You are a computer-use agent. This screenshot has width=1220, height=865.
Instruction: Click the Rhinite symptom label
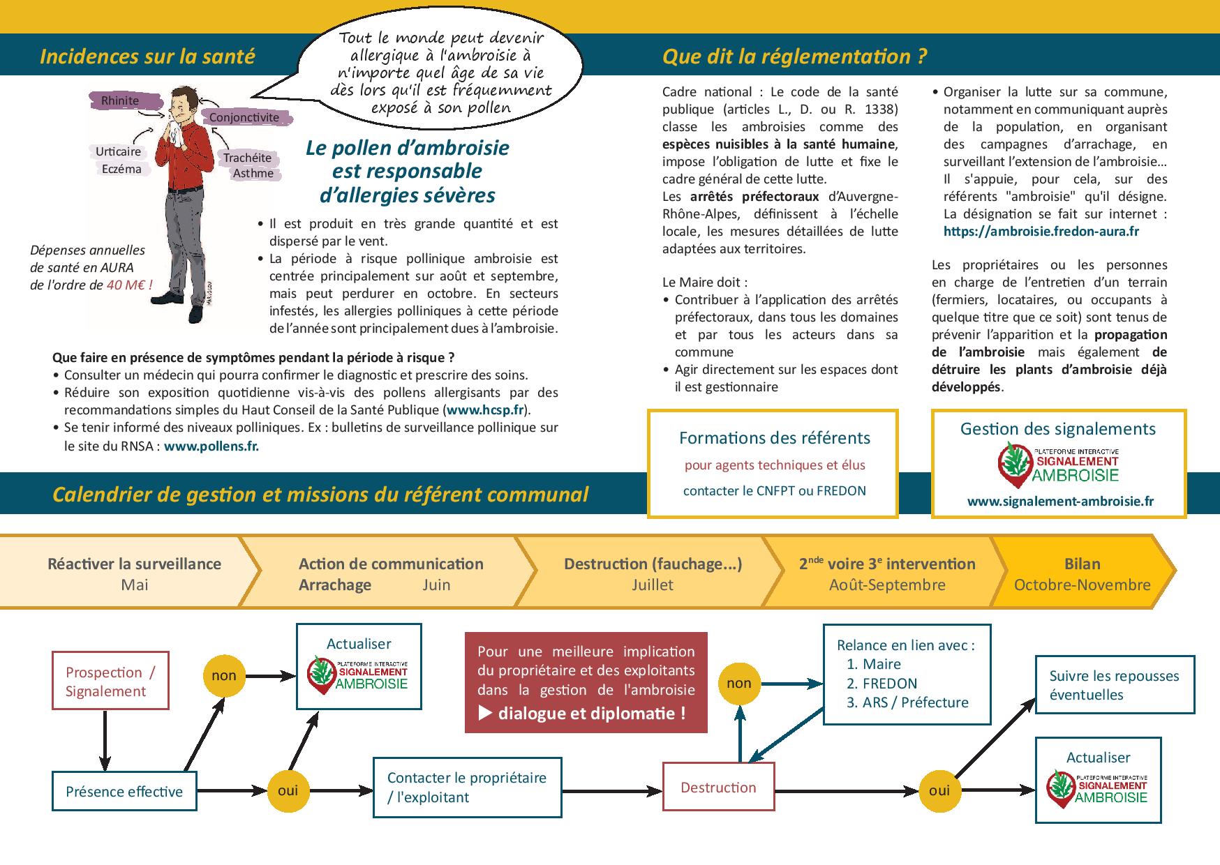[120, 100]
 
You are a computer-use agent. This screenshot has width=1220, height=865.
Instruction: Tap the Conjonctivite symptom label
[244, 117]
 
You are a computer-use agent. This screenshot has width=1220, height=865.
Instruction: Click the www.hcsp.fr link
[486, 410]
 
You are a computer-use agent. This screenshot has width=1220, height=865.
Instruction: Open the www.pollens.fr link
[211, 446]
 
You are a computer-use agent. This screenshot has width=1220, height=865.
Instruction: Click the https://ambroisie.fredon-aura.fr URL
[1041, 231]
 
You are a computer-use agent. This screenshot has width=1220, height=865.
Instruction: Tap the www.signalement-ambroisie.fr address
[1060, 501]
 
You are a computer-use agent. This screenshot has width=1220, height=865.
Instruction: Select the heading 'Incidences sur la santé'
[147, 57]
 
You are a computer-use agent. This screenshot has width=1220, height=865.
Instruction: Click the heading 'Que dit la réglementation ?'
[794, 57]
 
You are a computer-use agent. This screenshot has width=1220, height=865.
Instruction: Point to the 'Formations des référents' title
[774, 438]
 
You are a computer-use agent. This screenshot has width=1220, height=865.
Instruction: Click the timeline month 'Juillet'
[652, 585]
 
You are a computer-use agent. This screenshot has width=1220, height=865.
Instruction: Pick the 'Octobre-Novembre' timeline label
[1082, 585]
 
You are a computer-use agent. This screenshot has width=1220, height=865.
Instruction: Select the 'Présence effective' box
[124, 791]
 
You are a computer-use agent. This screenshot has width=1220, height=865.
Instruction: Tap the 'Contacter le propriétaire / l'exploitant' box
[467, 788]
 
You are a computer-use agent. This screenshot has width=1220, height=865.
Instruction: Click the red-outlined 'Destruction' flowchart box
[718, 788]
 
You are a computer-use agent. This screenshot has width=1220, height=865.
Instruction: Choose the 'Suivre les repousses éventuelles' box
[1115, 685]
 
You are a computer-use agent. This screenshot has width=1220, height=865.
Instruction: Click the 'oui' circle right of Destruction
[939, 790]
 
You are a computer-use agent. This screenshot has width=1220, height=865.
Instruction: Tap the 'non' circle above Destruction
[738, 683]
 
